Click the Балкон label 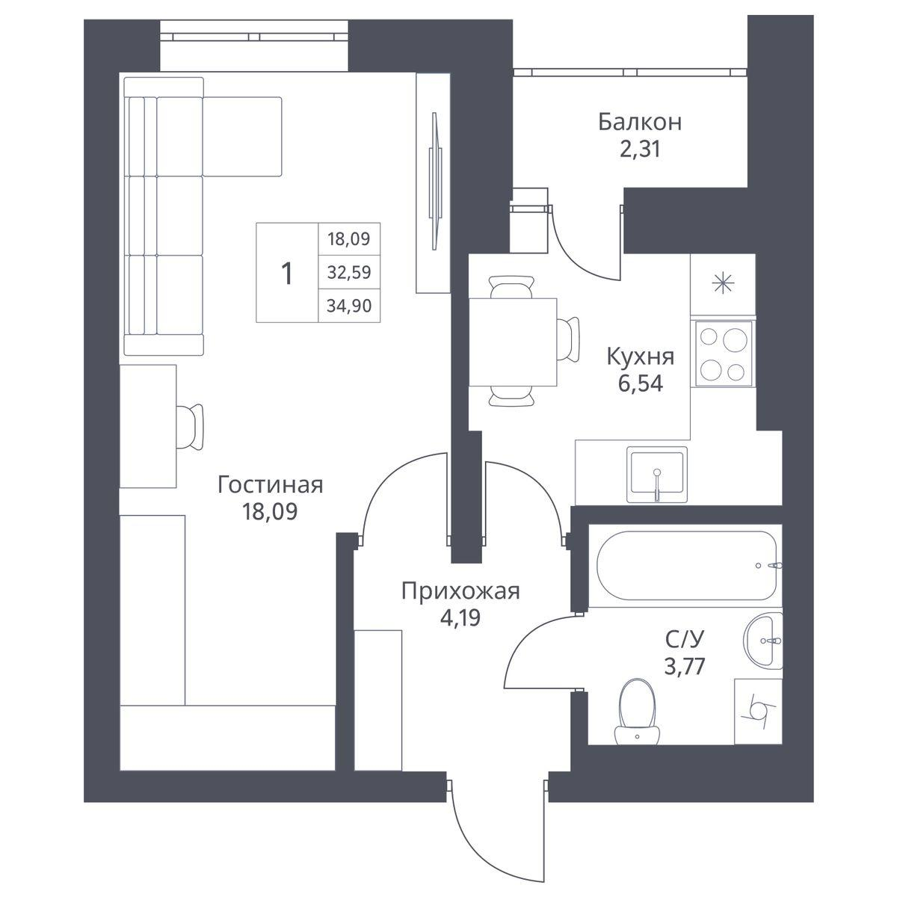(x=640, y=123)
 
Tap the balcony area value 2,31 (x=640, y=150)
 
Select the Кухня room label (x=641, y=357)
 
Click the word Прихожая (x=460, y=592)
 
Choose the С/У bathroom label (x=685, y=640)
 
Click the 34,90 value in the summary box (x=349, y=306)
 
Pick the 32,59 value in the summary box (x=349, y=272)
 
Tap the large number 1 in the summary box (x=288, y=274)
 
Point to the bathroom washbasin (x=763, y=641)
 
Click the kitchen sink (x=657, y=475)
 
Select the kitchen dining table (x=513, y=342)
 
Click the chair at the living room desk (x=190, y=427)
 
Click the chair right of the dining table (x=568, y=339)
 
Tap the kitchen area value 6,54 (x=641, y=384)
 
